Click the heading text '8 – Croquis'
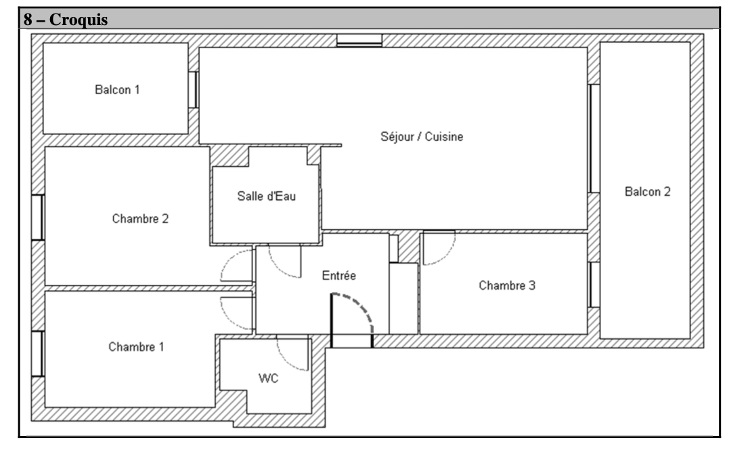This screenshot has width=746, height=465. (66, 20)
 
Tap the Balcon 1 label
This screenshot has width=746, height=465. (117, 89)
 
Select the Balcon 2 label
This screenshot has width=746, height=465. (648, 192)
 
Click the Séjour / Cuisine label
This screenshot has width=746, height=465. (422, 137)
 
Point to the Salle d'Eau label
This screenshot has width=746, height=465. (267, 196)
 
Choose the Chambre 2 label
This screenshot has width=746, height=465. (140, 219)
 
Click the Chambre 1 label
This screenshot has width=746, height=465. (136, 347)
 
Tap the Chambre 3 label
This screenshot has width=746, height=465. (506, 285)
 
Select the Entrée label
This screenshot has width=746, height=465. (338, 275)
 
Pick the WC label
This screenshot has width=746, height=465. (268, 378)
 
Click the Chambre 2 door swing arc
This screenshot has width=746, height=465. (227, 260)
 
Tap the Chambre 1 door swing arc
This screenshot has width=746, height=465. (227, 319)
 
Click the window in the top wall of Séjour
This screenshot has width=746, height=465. (359, 41)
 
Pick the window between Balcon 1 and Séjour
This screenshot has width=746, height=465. (193, 89)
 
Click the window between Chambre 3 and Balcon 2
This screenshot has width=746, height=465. (594, 285)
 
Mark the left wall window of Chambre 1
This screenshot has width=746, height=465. (38, 354)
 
